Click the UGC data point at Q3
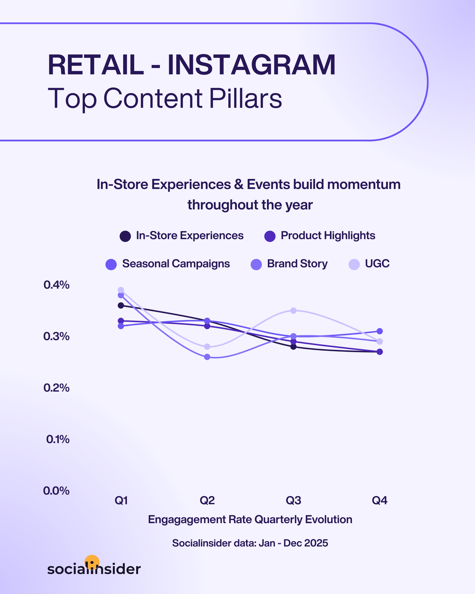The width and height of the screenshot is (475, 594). [293, 310]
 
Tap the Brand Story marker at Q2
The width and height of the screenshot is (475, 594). [207, 357]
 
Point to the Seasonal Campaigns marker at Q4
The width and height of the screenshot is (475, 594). [379, 331]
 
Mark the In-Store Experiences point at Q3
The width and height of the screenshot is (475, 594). [293, 346]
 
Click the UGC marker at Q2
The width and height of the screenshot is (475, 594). [207, 346]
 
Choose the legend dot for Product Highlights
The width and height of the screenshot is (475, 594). [270, 236]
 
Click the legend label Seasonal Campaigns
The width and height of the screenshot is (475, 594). [176, 264]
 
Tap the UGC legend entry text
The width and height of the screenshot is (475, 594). [377, 264]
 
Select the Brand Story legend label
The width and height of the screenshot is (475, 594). [297, 264]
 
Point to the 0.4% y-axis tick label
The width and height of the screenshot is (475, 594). [57, 285]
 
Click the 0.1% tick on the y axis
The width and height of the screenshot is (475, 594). [58, 439]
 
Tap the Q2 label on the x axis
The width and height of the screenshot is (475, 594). [207, 500]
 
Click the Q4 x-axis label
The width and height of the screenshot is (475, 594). [379, 500]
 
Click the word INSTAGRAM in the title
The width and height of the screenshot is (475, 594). [251, 65]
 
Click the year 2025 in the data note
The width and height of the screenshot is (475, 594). [317, 543]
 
